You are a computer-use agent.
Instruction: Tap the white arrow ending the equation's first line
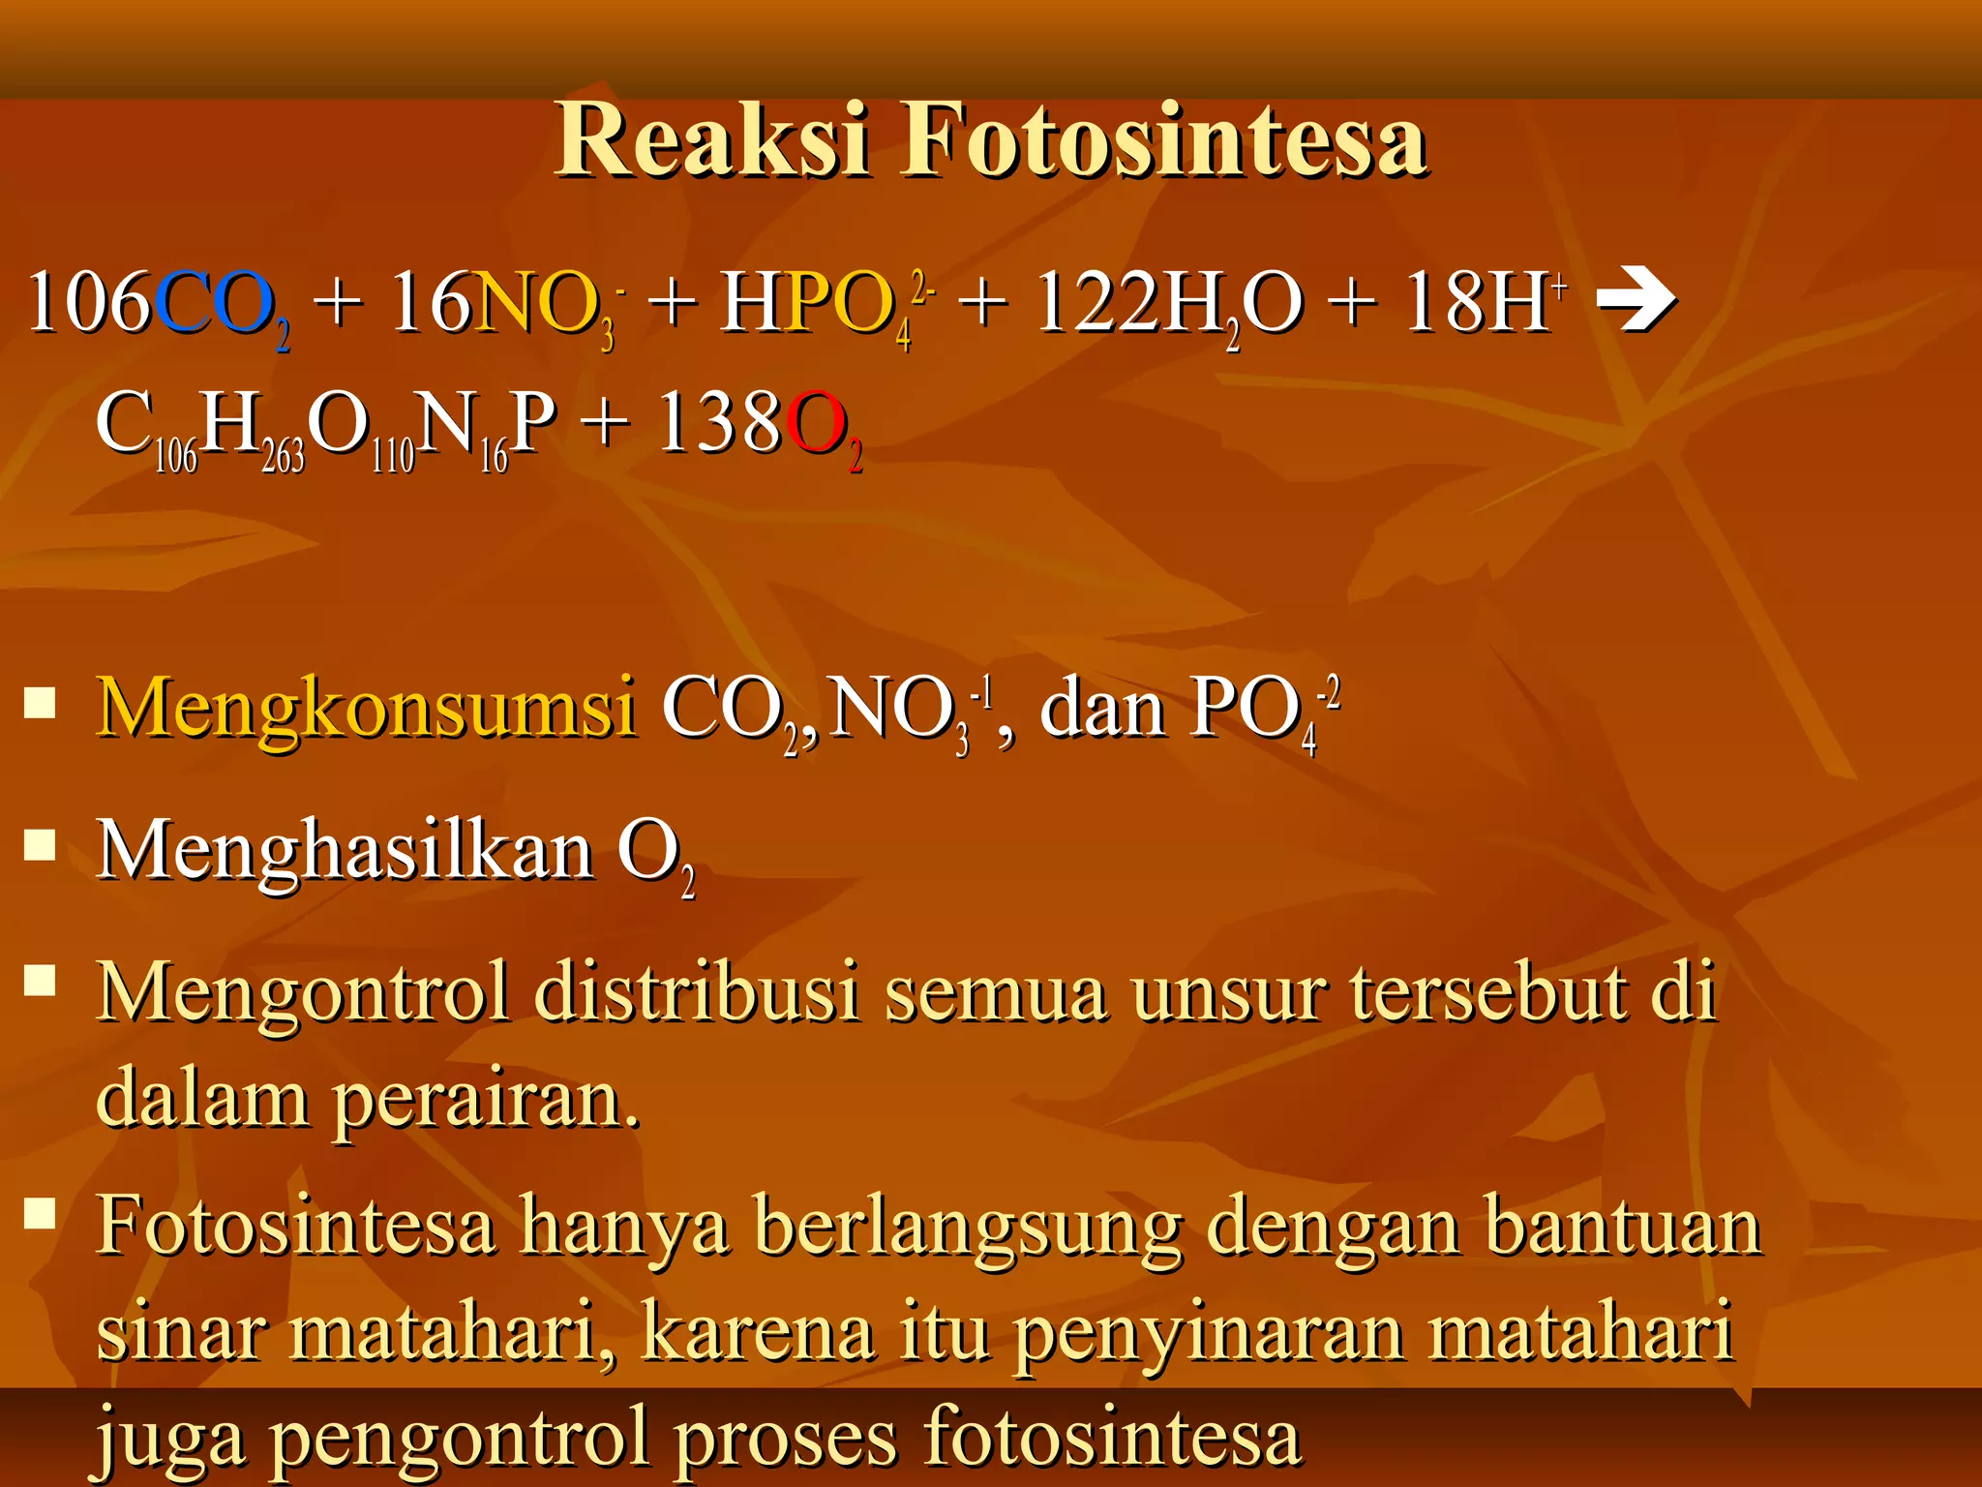pyautogui.click(x=1636, y=301)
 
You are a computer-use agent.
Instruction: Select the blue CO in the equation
pyautogui.click(x=214, y=303)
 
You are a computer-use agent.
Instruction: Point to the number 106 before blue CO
pyautogui.click(x=89, y=303)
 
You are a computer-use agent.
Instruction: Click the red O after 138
pyautogui.click(x=814, y=424)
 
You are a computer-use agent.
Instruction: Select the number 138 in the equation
pyautogui.click(x=719, y=424)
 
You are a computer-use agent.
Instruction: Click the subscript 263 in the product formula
pyautogui.click(x=283, y=455)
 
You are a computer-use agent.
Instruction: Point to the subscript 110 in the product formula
pyautogui.click(x=393, y=455)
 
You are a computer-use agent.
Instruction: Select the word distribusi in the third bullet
pyautogui.click(x=696, y=992)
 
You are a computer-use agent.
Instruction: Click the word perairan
pyautogui.click(x=486, y=1100)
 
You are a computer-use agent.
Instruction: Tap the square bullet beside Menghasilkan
pyautogui.click(x=40, y=845)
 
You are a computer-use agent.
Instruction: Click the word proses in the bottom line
pyautogui.click(x=786, y=1439)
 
